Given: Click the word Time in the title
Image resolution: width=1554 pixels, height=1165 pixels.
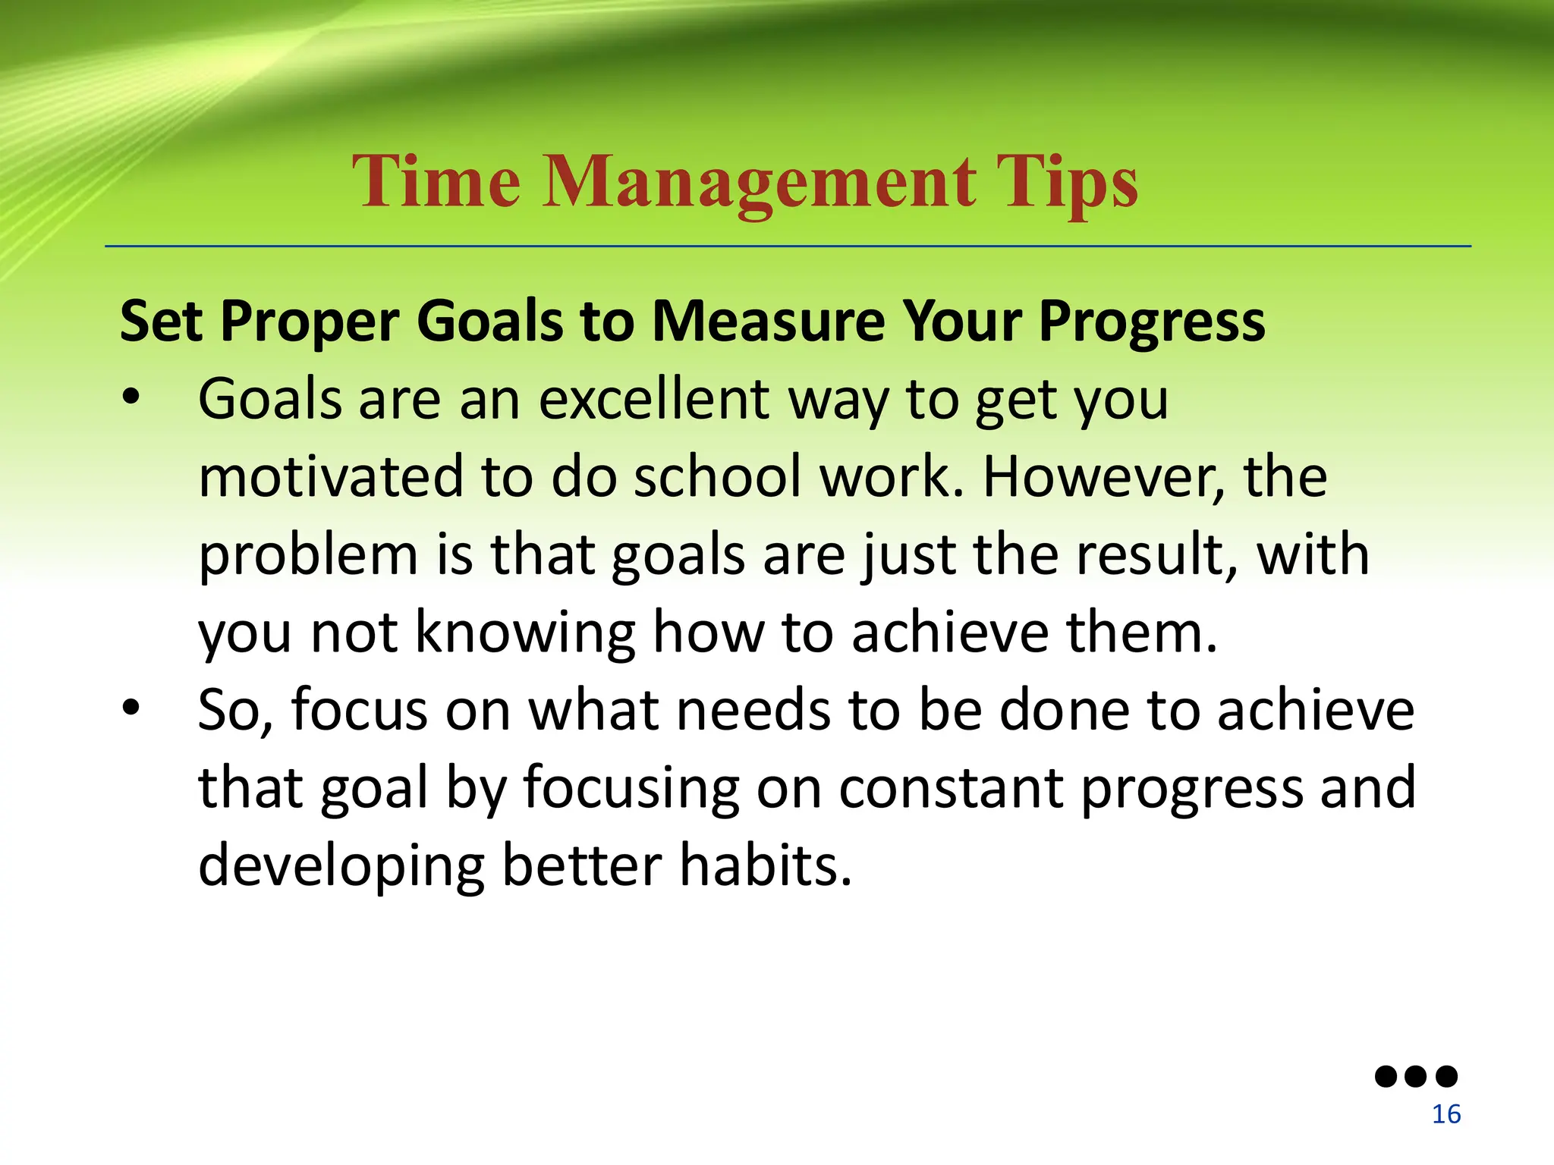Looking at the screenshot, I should pyautogui.click(x=436, y=182).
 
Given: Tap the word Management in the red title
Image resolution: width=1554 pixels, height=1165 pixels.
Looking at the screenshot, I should pyautogui.click(x=759, y=182).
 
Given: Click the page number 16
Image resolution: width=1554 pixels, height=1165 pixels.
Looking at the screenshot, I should pyautogui.click(x=1445, y=1114).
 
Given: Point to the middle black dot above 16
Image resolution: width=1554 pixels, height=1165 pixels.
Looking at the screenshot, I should pyautogui.click(x=1416, y=1076).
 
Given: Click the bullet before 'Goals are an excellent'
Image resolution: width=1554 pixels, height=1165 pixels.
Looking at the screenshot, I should pyautogui.click(x=131, y=398).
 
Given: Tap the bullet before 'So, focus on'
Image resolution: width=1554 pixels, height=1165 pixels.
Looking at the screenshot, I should pyautogui.click(x=131, y=708).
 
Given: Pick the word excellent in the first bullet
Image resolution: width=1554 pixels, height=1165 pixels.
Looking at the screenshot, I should pyautogui.click(x=654, y=400).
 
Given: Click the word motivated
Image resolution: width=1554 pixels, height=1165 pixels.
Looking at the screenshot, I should pyautogui.click(x=330, y=477).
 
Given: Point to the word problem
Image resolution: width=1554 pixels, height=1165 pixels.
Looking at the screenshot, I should pyautogui.click(x=308, y=556).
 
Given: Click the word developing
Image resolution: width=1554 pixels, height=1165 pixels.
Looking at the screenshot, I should pyautogui.click(x=341, y=867).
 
